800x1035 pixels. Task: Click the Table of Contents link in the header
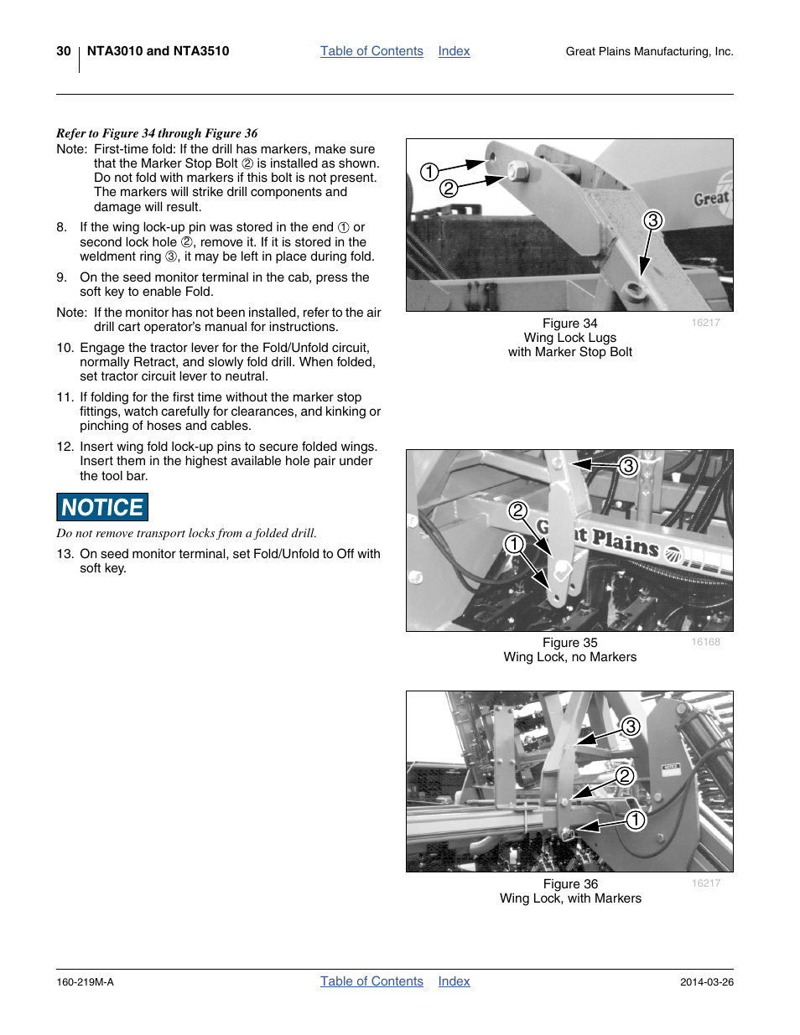[x=371, y=51]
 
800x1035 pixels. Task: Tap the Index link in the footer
[x=454, y=981]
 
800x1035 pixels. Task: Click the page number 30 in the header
[x=64, y=51]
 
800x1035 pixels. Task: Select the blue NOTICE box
[x=102, y=507]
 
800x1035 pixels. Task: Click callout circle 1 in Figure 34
[x=429, y=172]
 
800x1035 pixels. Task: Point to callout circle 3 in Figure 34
[x=653, y=220]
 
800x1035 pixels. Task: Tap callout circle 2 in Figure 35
[x=518, y=510]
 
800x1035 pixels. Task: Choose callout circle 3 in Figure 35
[x=628, y=466]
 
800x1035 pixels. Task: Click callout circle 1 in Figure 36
[x=636, y=820]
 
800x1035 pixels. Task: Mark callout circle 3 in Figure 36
[x=630, y=727]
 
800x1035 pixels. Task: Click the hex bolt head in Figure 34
[x=518, y=172]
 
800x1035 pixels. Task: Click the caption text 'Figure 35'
[x=569, y=643]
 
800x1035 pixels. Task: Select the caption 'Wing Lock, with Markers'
[x=570, y=898]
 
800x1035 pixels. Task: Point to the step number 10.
[x=65, y=348]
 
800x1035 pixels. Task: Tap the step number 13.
[x=65, y=554]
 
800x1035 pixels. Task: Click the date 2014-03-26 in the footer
[x=706, y=982]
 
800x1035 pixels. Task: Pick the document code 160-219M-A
[x=85, y=982]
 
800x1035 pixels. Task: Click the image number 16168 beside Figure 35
[x=705, y=642]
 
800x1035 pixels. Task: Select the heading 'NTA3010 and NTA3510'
[x=158, y=51]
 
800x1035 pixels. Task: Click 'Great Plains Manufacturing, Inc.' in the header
[x=649, y=52]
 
